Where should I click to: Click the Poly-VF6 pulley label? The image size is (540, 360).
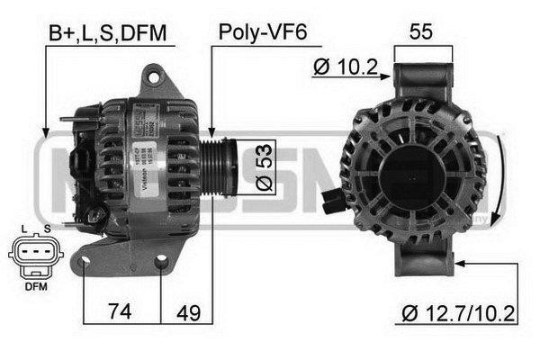coord(262,33)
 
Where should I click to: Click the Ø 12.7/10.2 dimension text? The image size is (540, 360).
coord(458,313)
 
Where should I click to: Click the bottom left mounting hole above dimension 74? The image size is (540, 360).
coord(85,264)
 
